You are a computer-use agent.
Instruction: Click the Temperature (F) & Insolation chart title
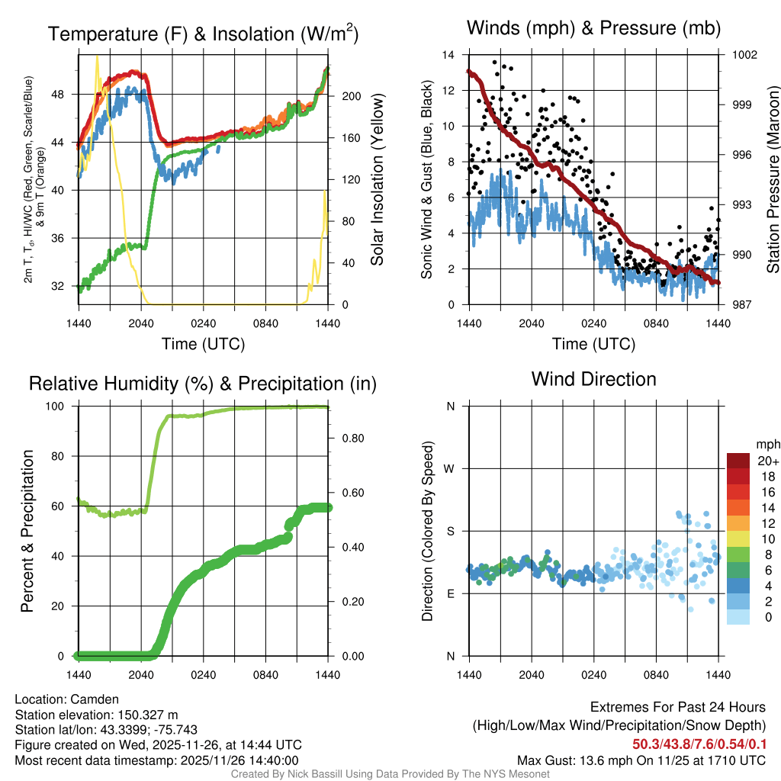tap(203, 34)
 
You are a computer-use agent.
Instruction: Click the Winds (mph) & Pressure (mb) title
tap(593, 29)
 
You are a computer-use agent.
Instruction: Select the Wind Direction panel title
tap(593, 379)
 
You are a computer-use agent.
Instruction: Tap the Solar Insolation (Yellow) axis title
tap(377, 180)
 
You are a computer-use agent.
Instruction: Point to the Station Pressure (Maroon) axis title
tap(772, 180)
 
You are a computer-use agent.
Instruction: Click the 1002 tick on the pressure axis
tap(744, 55)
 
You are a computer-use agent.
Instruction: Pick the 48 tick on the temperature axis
tap(63, 95)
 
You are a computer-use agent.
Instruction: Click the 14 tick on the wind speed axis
tap(448, 55)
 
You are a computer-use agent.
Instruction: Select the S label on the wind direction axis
tap(451, 531)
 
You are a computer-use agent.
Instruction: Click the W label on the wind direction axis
tap(450, 469)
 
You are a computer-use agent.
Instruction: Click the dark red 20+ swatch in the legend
tap(738, 461)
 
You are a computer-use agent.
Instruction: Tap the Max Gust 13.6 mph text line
tap(641, 760)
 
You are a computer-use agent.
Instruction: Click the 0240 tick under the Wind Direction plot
tap(593, 674)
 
